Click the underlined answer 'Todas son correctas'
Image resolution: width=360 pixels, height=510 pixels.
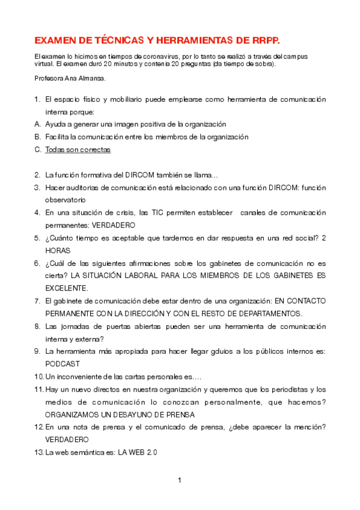(x=78, y=150)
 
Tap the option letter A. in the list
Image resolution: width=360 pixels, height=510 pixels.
(x=37, y=124)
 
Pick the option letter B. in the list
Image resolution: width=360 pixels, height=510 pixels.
(x=37, y=137)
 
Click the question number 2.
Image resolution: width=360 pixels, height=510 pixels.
(x=37, y=175)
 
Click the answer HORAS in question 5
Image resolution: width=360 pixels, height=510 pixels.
(x=58, y=250)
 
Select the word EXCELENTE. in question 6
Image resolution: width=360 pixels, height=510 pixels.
(x=67, y=288)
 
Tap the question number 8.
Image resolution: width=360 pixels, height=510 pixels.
(x=37, y=326)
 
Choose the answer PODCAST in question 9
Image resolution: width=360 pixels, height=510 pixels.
(x=63, y=364)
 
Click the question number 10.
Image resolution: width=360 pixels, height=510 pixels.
(x=38, y=376)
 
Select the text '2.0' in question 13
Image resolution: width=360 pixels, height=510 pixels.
(x=151, y=452)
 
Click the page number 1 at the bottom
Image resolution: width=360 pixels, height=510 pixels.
(x=180, y=481)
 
